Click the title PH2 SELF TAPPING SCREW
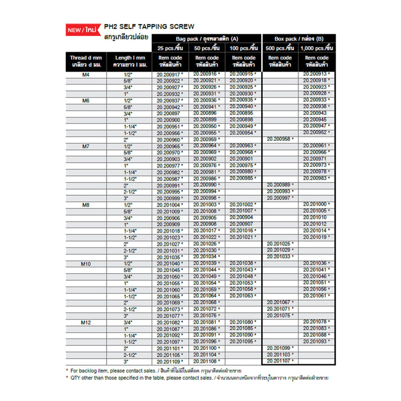tap(149, 26)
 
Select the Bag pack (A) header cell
tap(208, 38)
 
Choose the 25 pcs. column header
tap(171, 48)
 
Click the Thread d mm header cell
tap(86, 61)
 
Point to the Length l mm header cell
tap(131, 61)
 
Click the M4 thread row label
tap(86, 74)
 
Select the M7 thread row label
tap(86, 147)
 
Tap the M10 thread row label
tap(86, 264)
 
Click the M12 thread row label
tap(86, 322)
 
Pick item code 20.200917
tap(170, 74)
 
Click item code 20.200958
tap(280, 139)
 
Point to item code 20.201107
tap(280, 361)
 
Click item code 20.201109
tap(170, 362)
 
